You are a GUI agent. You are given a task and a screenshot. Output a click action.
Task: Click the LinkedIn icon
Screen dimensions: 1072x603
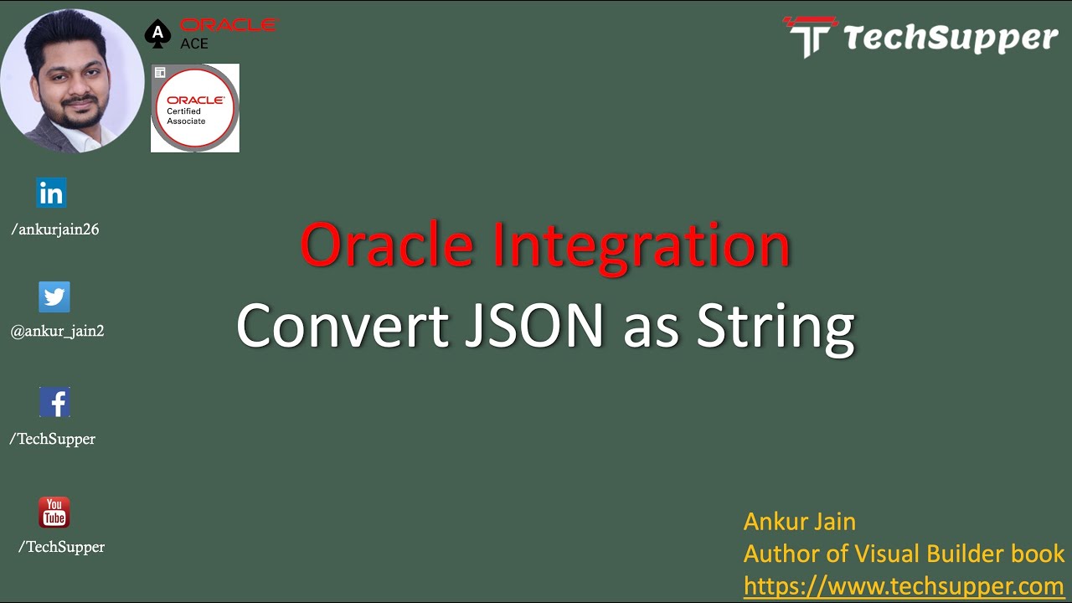pos(51,193)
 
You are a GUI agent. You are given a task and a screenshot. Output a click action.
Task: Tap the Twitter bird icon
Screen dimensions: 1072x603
pos(54,296)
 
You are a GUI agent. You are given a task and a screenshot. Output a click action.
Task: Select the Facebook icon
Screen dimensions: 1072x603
pos(54,402)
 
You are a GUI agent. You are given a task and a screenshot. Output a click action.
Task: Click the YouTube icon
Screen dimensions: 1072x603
pos(54,512)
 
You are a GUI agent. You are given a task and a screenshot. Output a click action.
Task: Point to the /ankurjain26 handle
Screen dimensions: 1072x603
pos(55,229)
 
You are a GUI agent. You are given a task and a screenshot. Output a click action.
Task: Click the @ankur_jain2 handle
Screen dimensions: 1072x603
pos(57,331)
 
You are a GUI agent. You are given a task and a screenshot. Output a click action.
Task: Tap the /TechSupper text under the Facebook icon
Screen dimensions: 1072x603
pos(52,439)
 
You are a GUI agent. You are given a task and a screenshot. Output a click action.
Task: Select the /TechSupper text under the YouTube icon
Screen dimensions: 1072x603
pos(61,547)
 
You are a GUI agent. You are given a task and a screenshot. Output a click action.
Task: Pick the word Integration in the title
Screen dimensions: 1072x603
pos(642,248)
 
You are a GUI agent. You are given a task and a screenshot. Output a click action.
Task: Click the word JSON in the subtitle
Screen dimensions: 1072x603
pos(534,326)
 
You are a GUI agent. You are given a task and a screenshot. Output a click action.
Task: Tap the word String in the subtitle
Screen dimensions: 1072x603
pos(776,329)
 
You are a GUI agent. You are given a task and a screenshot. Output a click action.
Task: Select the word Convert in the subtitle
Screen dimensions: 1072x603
pos(343,326)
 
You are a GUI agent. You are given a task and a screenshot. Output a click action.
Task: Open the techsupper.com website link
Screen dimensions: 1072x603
pos(904,585)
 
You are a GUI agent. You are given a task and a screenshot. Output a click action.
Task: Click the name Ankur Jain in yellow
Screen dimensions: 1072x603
pos(800,521)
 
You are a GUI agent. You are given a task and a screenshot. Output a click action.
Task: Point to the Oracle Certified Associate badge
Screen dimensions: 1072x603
pos(195,108)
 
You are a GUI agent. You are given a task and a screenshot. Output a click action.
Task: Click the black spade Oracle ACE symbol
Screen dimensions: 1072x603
pos(157,33)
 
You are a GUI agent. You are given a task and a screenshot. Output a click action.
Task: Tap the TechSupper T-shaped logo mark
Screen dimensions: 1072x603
pos(811,37)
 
